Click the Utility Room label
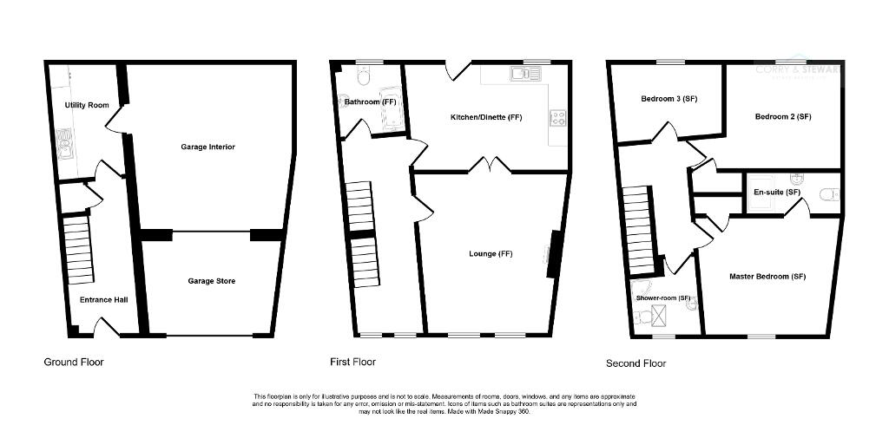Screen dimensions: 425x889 (x=87, y=105)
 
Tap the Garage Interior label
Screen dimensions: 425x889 (x=207, y=147)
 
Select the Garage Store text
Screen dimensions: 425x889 (x=212, y=281)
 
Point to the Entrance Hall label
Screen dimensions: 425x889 (x=104, y=300)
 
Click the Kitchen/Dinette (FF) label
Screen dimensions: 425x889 (x=486, y=117)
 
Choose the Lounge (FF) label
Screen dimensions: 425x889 (x=491, y=254)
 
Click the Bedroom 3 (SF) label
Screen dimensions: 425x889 (x=669, y=99)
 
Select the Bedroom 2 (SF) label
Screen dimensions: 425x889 (x=782, y=116)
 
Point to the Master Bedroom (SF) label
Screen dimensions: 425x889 (x=767, y=277)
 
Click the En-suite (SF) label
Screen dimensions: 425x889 (x=776, y=192)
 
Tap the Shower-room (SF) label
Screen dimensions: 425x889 (x=664, y=298)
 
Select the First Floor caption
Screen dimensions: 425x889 (x=352, y=361)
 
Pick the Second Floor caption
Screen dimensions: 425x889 (x=636, y=363)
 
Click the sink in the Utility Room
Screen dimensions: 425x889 (x=64, y=143)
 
